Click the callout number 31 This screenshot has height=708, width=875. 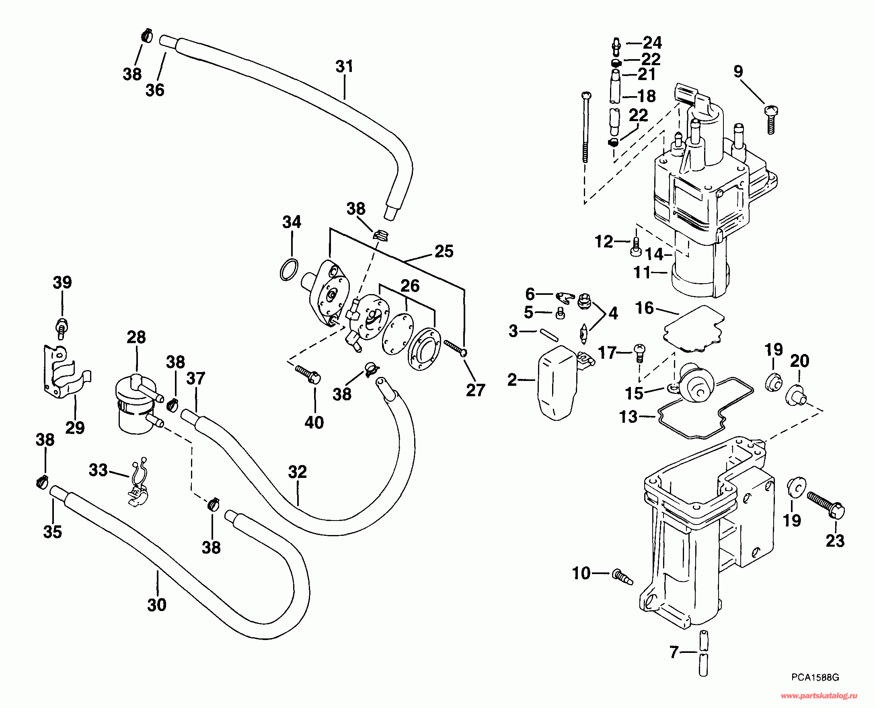pyautogui.click(x=344, y=66)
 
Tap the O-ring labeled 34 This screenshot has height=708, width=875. pyautogui.click(x=289, y=270)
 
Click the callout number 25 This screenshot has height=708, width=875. pyautogui.click(x=444, y=251)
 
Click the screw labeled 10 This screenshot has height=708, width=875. pyautogui.click(x=622, y=577)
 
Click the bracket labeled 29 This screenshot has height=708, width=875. pyautogui.click(x=64, y=373)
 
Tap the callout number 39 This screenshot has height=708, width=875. pyautogui.click(x=62, y=282)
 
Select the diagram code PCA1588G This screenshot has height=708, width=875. pyautogui.click(x=815, y=677)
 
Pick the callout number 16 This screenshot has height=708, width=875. pyautogui.click(x=645, y=308)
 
